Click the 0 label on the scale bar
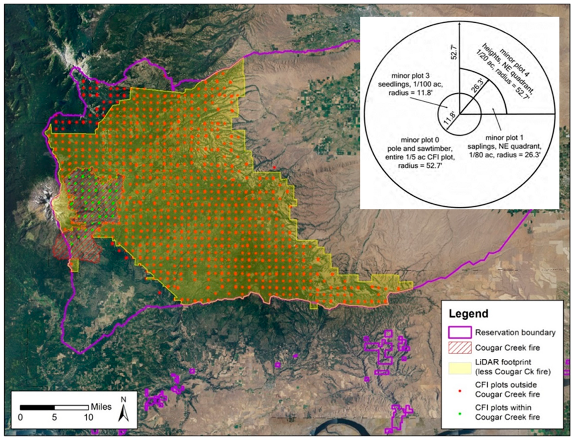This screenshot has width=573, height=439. coord(20,417)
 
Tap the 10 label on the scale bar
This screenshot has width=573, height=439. coord(88,417)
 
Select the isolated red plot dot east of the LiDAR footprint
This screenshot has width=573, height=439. coord(274,167)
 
